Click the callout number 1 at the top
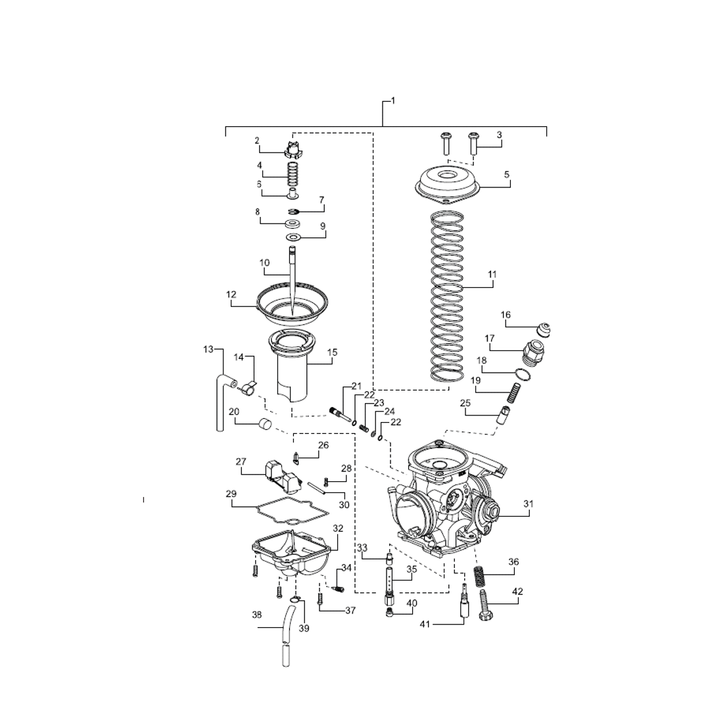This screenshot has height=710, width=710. point(392,101)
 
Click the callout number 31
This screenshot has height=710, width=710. point(529,504)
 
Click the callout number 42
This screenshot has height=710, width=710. point(517,592)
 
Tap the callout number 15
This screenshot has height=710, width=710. point(332,353)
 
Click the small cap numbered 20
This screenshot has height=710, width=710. point(264,424)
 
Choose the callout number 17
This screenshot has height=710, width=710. point(490,339)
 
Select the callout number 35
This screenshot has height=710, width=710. point(412,569)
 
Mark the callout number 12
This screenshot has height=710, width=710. point(231,295)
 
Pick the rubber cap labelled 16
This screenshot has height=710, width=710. point(543,329)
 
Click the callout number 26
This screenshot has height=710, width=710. point(323,445)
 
